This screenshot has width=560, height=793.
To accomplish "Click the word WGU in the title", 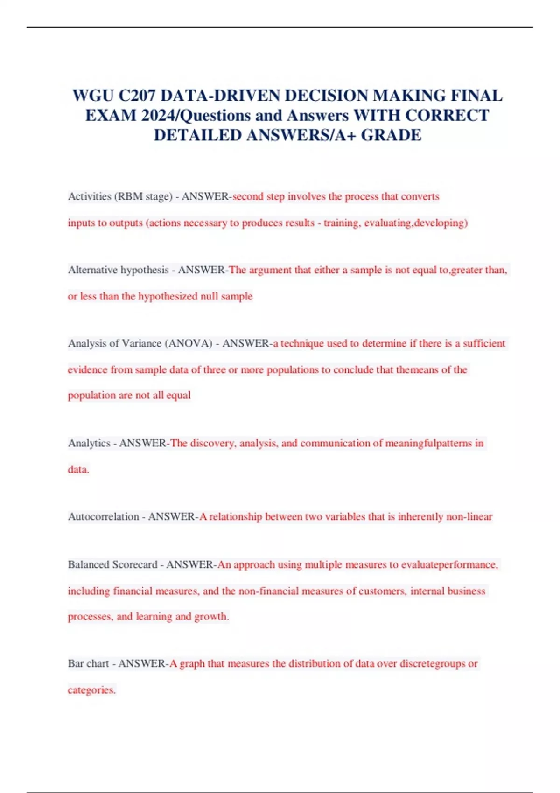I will pos(93,96).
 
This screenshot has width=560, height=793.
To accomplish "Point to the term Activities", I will pos(90,196).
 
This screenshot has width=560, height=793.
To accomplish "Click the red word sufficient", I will pos(484,343).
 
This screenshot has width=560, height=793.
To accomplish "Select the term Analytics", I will pos(89,443).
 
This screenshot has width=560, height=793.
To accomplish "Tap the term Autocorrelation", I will pos(104,517).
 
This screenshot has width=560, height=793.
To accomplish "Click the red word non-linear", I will pos(469,517).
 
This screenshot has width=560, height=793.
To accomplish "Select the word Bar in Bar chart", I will pos(76,664).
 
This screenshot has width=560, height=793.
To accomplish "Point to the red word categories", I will pos(91,690).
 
